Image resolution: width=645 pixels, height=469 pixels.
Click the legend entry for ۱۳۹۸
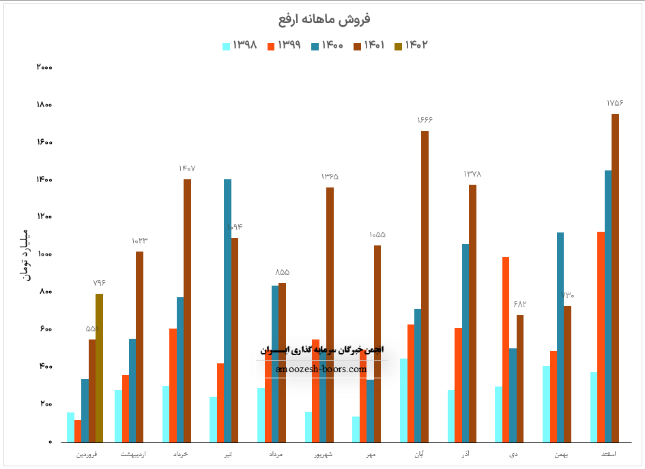click(240, 46)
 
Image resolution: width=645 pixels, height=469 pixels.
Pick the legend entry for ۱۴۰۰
click(326, 46)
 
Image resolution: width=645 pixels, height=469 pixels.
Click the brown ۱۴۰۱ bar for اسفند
click(615, 278)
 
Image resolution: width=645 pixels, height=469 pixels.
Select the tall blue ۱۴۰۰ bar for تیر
click(227, 310)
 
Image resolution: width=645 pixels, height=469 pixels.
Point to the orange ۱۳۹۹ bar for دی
click(506, 349)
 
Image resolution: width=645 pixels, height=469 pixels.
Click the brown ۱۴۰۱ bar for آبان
click(425, 286)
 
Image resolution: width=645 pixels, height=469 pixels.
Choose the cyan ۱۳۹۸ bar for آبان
click(403, 400)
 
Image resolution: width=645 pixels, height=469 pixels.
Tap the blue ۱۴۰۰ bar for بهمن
click(560, 337)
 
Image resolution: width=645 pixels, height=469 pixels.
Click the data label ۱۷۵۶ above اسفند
click(615, 103)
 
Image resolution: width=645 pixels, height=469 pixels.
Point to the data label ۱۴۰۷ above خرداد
click(187, 168)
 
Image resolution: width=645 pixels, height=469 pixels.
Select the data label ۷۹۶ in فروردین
click(99, 283)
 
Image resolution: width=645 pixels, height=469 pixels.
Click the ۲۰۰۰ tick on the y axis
click(44, 67)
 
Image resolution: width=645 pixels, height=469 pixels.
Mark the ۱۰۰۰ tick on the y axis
click(44, 254)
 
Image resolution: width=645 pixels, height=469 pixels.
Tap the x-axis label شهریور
click(323, 453)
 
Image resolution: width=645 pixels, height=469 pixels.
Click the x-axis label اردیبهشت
click(132, 453)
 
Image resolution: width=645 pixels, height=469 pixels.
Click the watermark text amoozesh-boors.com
click(321, 369)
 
